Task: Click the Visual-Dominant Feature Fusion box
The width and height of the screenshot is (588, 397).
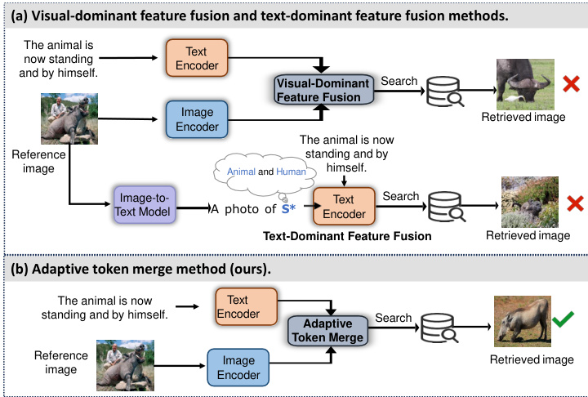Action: tap(318, 90)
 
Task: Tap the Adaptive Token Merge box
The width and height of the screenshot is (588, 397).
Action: tap(327, 329)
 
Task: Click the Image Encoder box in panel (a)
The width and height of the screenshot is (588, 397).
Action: tap(198, 118)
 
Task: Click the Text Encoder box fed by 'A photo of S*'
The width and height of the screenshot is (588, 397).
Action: tap(343, 207)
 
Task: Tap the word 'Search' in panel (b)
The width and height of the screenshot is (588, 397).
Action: tap(394, 318)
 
